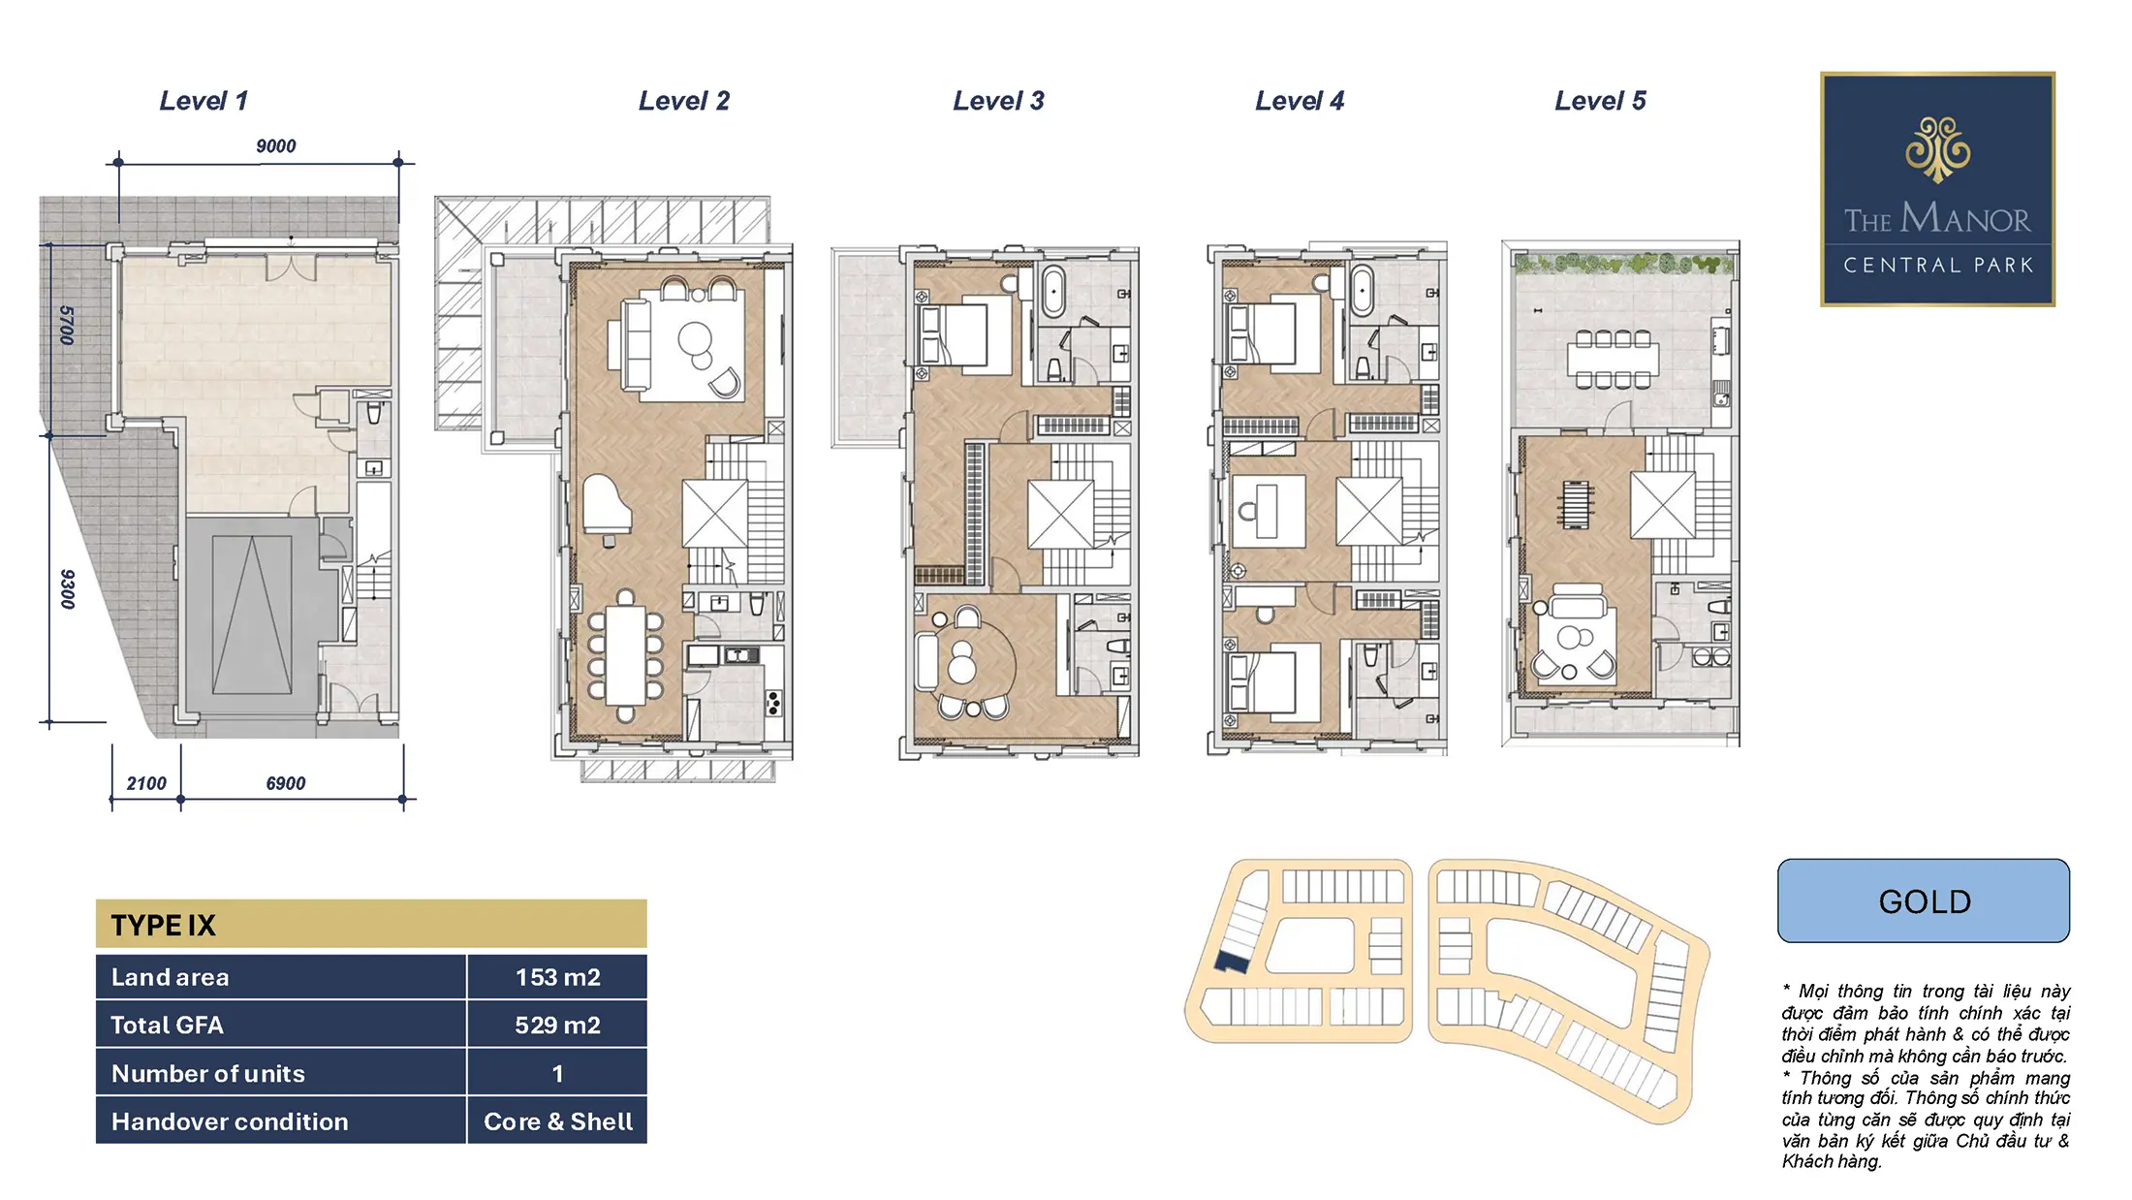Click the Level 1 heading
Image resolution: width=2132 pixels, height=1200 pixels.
point(204,101)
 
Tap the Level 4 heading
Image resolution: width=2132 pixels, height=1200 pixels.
point(1300,101)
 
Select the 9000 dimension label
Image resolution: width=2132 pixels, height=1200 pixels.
point(276,146)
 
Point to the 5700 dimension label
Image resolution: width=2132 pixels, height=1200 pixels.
point(67,326)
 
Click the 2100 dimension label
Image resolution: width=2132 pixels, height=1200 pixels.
point(146,783)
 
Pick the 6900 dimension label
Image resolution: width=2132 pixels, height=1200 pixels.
point(286,783)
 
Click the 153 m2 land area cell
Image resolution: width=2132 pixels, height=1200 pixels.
point(557,977)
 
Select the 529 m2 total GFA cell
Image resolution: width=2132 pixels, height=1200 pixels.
point(557,1025)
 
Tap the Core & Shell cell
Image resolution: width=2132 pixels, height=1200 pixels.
point(557,1121)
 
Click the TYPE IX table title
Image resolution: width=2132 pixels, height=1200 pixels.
point(163,925)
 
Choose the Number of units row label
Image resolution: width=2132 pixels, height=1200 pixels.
point(208,1073)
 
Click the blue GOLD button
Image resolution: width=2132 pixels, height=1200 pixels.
point(1924,900)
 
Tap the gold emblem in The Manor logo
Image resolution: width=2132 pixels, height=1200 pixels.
point(1937,149)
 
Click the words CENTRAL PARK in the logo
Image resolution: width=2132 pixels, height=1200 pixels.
point(1937,265)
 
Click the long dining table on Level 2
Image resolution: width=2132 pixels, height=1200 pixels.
point(625,655)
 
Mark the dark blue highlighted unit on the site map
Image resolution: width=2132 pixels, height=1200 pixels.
point(1232,962)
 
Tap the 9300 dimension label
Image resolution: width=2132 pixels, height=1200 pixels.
point(67,588)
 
